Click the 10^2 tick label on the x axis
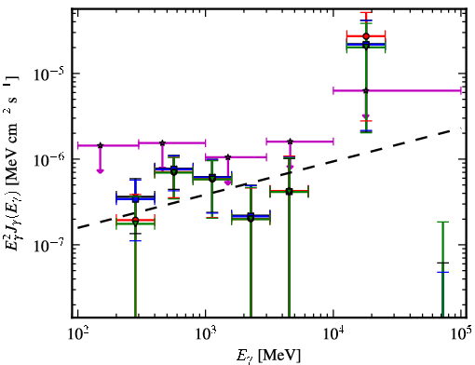[x=77, y=333]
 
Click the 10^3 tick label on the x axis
[x=206, y=333]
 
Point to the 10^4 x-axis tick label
[x=333, y=333]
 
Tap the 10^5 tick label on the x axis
[x=461, y=333]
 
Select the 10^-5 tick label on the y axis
[x=48, y=74]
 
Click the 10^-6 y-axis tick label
[x=48, y=160]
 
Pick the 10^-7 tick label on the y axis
[x=48, y=246]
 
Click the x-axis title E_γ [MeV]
[x=268, y=356]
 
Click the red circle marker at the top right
[x=366, y=36]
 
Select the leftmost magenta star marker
[x=100, y=145]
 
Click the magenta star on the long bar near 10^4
[x=366, y=90]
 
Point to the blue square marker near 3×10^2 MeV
[x=135, y=199]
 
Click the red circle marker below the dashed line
[x=135, y=220]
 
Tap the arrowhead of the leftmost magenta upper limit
[x=100, y=171]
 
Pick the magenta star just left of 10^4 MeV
[x=290, y=142]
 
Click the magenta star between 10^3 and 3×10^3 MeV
[x=228, y=157]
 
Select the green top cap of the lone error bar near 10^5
[x=442, y=222]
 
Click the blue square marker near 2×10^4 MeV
[x=366, y=44]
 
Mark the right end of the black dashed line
[x=459, y=128]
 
